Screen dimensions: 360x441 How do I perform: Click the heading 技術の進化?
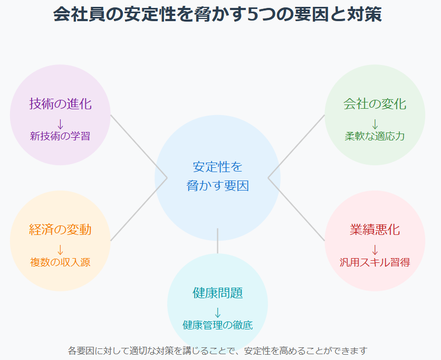(x=60, y=104)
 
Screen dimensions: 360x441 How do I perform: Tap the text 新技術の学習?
(x=60, y=136)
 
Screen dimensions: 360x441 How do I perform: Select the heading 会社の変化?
(x=375, y=104)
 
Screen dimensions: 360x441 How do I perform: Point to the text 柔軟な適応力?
(x=375, y=136)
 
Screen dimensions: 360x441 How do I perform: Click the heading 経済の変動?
(x=60, y=230)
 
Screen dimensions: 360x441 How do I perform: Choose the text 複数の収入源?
(x=60, y=262)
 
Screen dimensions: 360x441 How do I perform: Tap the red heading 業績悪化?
(x=375, y=230)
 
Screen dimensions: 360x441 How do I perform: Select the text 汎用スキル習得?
(x=375, y=262)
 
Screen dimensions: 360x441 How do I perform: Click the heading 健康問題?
(x=217, y=293)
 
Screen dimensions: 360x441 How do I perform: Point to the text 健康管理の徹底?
(x=217, y=325)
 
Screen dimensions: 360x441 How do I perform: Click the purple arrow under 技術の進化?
(x=60, y=124)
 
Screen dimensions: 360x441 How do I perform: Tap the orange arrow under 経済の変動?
(x=60, y=249)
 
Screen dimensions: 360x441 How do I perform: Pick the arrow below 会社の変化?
(x=375, y=124)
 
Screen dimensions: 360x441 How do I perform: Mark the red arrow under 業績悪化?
(x=375, y=249)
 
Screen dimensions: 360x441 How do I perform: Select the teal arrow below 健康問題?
(x=217, y=312)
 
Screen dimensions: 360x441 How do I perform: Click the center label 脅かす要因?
(x=217, y=186)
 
